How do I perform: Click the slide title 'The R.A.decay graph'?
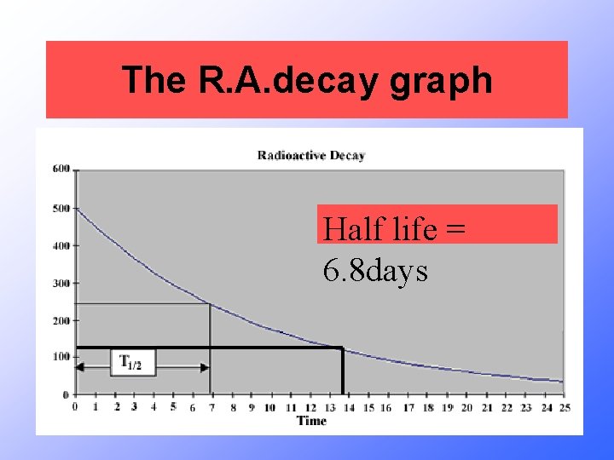pos(307,80)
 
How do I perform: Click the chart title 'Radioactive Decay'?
pos(311,155)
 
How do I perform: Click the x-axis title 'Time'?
pos(311,421)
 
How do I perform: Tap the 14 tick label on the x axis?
pos(348,407)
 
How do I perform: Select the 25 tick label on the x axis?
pos(563,407)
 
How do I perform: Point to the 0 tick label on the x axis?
pos(75,407)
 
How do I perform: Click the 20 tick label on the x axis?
pos(466,407)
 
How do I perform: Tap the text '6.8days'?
pos(375,271)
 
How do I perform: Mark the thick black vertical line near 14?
pos(342,371)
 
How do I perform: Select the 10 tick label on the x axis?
pos(269,407)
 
